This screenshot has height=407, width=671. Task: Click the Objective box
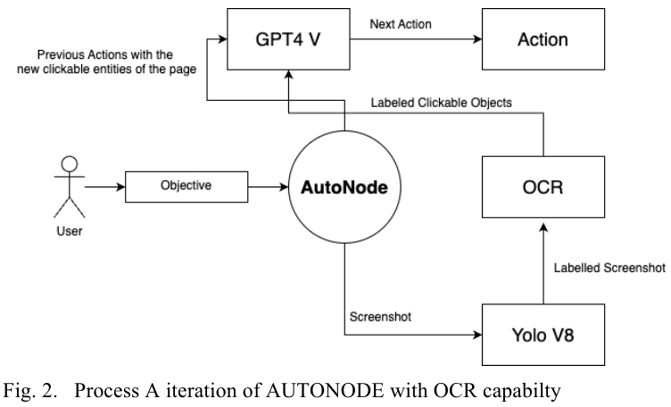[x=185, y=188]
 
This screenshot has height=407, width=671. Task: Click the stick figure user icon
[x=69, y=187]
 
